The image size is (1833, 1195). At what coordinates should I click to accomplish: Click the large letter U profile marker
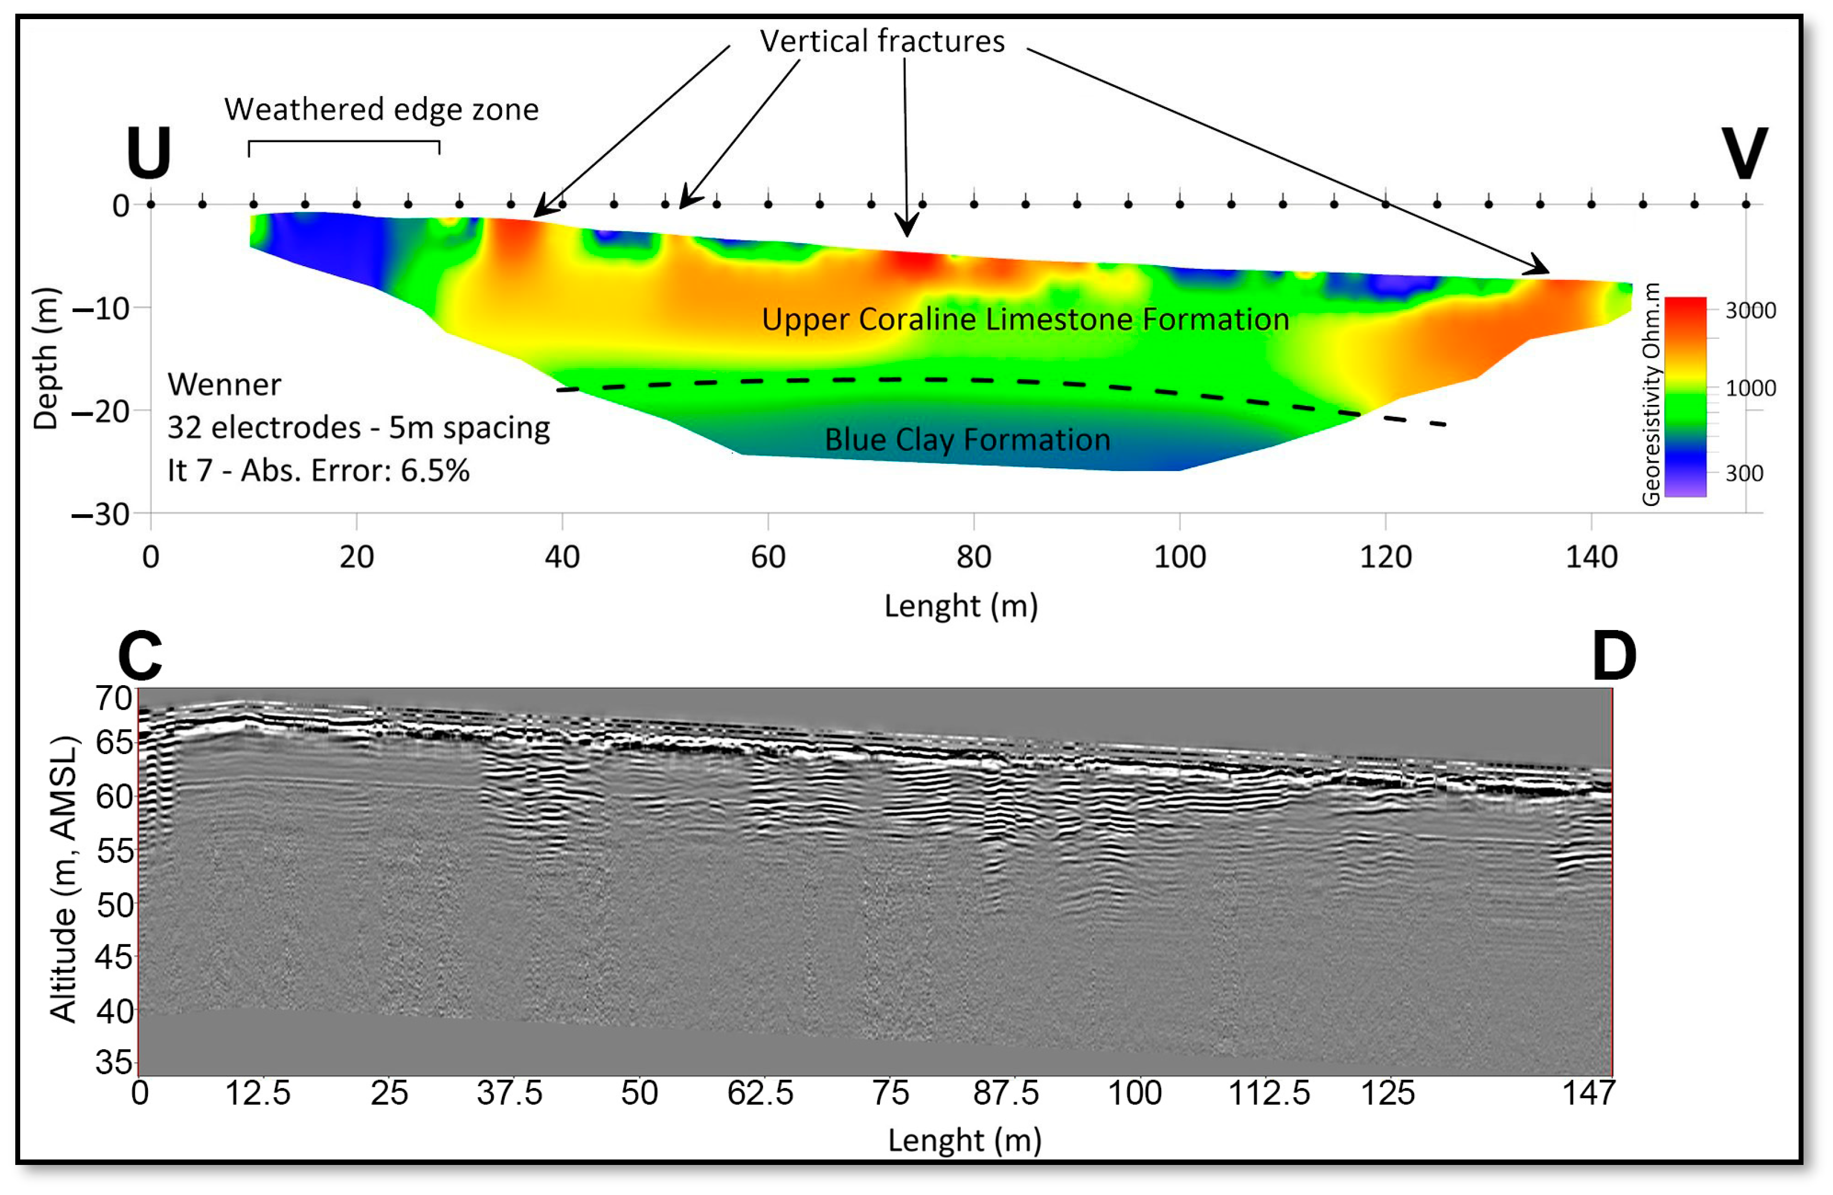coord(148,152)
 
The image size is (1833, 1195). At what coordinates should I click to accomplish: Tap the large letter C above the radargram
coord(140,655)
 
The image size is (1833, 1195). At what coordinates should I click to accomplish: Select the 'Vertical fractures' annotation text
coord(882,41)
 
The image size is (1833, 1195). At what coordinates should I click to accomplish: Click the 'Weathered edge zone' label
coord(381,109)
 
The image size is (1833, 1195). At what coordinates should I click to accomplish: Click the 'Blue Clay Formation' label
coord(967,439)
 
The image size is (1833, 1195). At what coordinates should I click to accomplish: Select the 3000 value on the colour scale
coord(1750,310)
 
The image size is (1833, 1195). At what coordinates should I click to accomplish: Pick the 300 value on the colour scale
coord(1743,473)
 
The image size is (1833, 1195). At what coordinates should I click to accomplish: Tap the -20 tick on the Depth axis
coord(100,411)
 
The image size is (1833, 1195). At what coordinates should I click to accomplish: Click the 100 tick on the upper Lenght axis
coord(1179,556)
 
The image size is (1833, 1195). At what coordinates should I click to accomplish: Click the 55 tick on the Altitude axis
coord(115,851)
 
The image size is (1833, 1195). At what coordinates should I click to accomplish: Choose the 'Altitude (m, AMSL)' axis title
coord(64,880)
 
